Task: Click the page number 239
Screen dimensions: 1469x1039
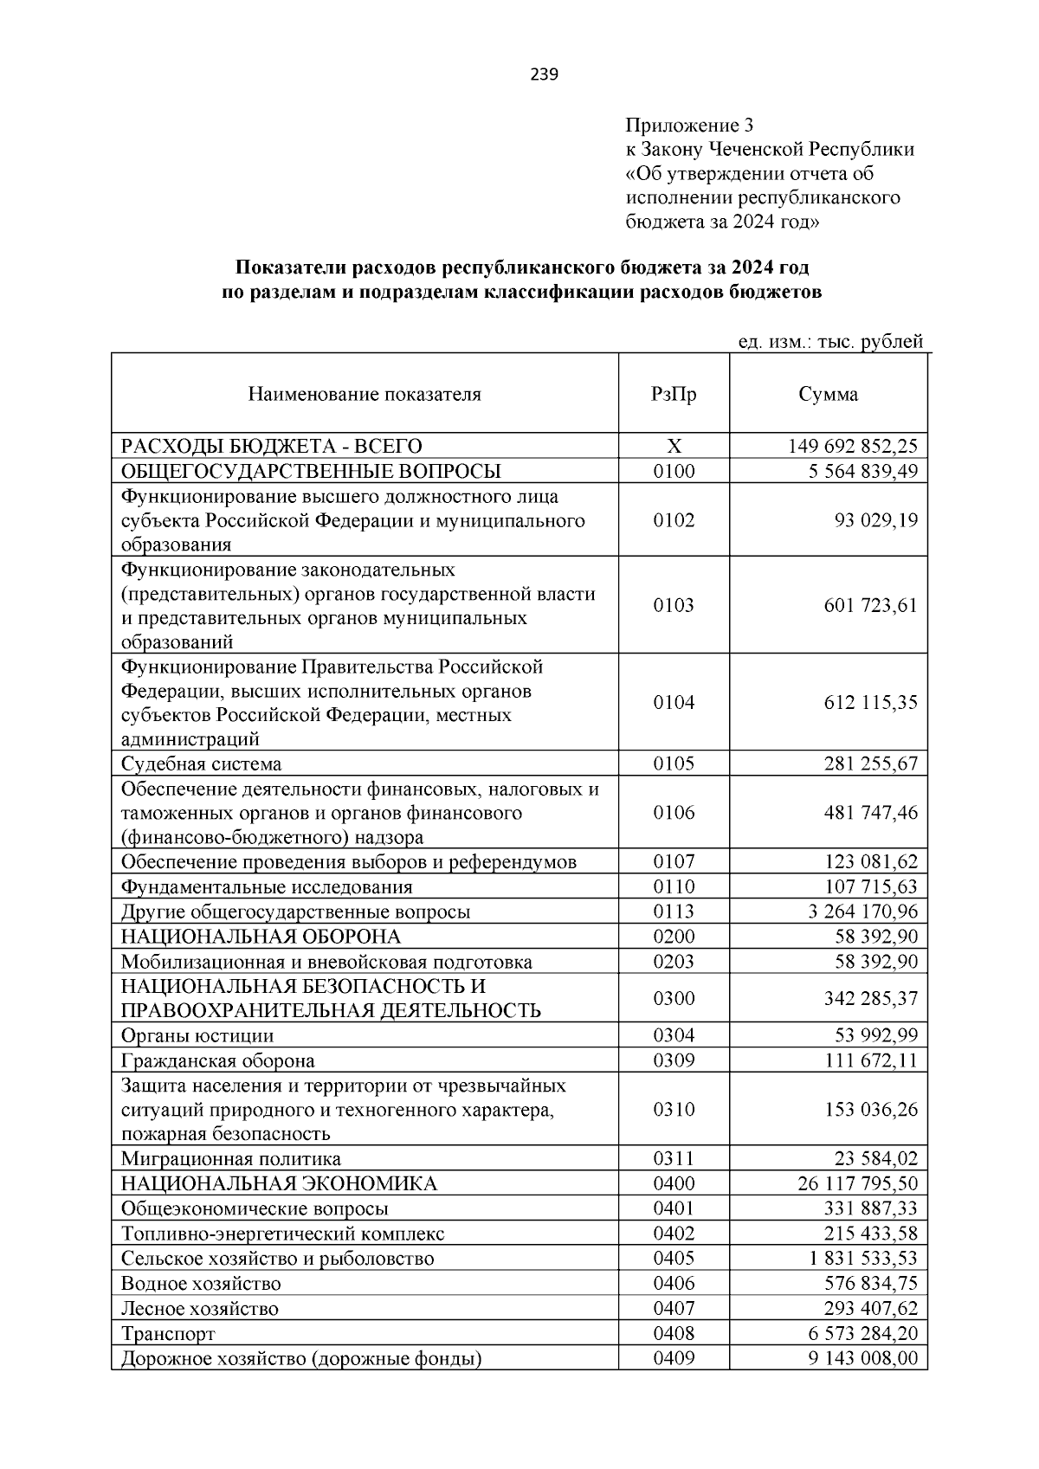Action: click(x=545, y=74)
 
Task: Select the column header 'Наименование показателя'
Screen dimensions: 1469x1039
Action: click(x=365, y=395)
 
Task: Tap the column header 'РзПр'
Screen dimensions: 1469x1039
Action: click(x=674, y=395)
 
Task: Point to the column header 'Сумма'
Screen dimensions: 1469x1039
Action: click(x=828, y=395)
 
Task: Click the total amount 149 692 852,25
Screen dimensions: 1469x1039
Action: click(x=852, y=447)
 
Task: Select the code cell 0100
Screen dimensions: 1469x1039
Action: click(x=674, y=471)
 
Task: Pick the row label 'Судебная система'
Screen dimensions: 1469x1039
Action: click(x=201, y=764)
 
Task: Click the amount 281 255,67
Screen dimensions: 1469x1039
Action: click(x=870, y=764)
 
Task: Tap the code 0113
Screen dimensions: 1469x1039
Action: click(x=674, y=912)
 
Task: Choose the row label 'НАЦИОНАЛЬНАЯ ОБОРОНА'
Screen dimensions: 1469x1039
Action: click(x=261, y=937)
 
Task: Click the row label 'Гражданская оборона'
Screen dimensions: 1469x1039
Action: click(x=217, y=1061)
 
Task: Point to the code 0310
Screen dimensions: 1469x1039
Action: click(x=674, y=1110)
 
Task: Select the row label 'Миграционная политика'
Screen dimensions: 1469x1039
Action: click(x=230, y=1159)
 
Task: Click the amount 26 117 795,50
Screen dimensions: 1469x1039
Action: click(x=857, y=1184)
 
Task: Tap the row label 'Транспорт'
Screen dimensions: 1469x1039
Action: click(x=168, y=1334)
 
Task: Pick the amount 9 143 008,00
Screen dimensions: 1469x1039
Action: click(x=862, y=1358)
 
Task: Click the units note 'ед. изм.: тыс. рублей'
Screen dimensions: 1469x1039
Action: click(x=829, y=343)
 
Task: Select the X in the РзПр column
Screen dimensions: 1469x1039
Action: click(x=674, y=447)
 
